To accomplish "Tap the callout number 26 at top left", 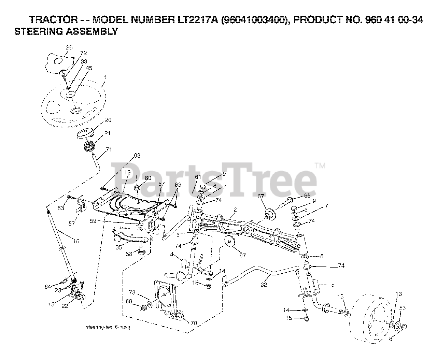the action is [69, 47].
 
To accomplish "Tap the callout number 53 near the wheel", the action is [403, 308].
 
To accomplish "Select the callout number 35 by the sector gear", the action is [118, 247].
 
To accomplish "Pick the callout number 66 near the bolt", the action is [307, 195].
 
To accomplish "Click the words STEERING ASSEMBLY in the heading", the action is [66, 32].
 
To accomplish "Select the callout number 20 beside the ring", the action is [108, 120].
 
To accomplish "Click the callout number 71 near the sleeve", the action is [109, 149].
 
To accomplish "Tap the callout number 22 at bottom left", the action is [65, 306].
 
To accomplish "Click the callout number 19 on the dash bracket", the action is [127, 173].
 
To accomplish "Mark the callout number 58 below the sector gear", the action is [129, 254].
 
